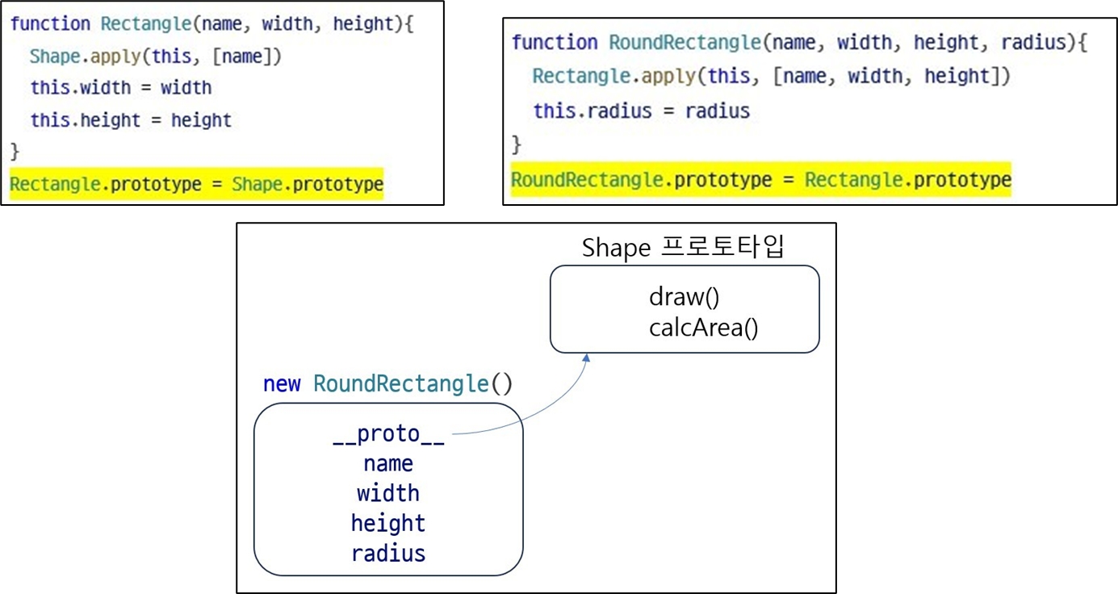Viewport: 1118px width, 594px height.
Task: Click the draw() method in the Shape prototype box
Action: pos(684,297)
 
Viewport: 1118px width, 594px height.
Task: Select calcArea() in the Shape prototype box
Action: pos(703,328)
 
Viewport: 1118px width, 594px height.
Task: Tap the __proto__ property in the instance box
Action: pos(388,434)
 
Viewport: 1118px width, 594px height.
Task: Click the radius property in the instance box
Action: pos(388,554)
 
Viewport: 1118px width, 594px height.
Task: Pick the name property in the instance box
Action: pos(388,464)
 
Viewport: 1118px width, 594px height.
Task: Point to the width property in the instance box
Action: pos(388,493)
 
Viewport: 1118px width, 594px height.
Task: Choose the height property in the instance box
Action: pos(388,523)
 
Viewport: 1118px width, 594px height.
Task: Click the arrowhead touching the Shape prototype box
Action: pos(587,357)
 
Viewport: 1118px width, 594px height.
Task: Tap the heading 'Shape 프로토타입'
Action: pos(682,248)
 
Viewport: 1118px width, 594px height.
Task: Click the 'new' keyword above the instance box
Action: pos(282,383)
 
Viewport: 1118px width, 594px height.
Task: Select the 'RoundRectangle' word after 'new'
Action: pos(400,383)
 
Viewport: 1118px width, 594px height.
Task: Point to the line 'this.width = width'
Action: pos(121,87)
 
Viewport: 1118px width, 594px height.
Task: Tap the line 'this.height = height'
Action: pos(131,120)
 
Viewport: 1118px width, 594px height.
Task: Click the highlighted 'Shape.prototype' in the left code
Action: pos(308,185)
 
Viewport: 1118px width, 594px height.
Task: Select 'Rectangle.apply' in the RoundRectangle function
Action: pos(613,77)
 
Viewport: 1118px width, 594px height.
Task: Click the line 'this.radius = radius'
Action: pos(641,111)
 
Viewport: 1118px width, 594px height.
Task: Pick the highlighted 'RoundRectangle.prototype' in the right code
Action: pos(641,180)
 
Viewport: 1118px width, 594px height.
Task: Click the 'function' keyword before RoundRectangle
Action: pos(554,42)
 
